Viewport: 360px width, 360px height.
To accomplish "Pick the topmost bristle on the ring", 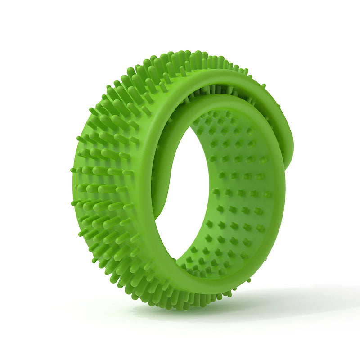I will point(198,55).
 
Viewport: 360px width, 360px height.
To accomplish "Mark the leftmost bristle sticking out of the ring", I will point(72,170).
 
